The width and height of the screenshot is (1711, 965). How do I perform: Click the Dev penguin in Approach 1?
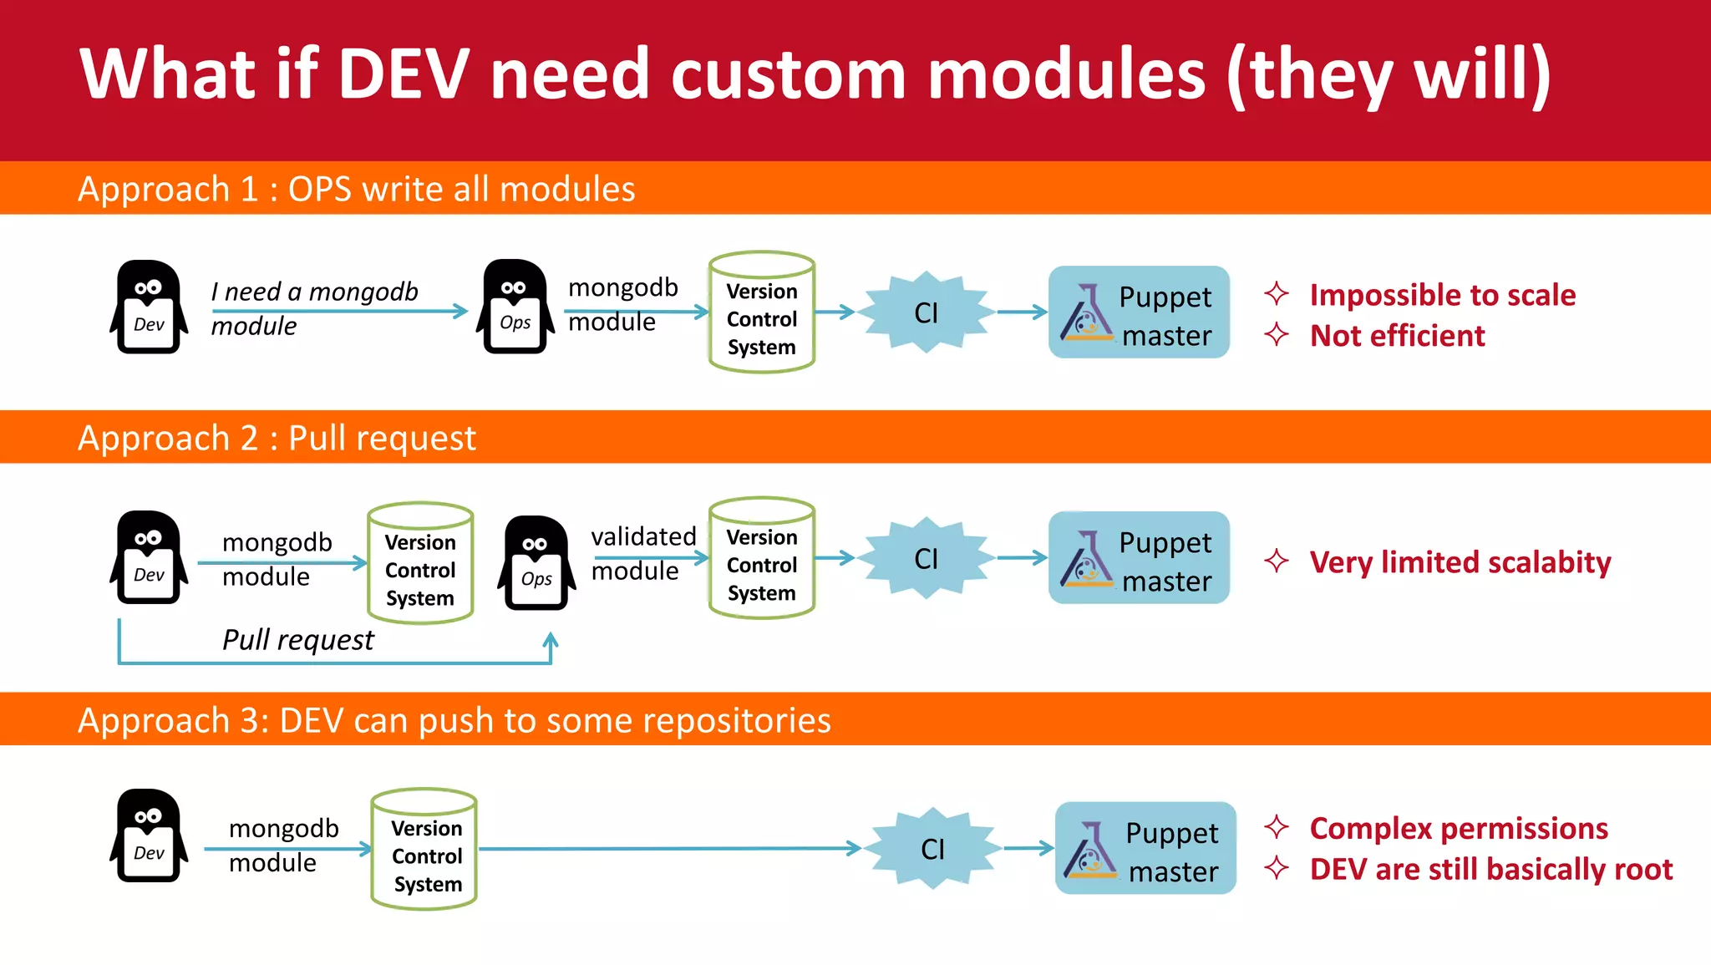click(149, 307)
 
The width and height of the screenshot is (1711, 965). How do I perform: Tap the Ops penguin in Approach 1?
click(515, 307)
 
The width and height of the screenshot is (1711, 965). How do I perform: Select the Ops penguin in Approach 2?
click(536, 563)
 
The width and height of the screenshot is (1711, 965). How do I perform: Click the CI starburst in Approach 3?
click(932, 849)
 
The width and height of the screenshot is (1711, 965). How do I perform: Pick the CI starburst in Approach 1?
click(926, 312)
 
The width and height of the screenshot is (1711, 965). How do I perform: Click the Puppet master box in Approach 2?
click(1139, 558)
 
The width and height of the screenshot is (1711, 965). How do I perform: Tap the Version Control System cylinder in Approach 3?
click(424, 850)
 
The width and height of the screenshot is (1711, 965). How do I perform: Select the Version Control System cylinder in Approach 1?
click(761, 313)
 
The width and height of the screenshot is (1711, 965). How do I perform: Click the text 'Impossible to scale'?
click(1442, 295)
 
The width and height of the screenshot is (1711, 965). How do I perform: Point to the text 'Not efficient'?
click(1397, 336)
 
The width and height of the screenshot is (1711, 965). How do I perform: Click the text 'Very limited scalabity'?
click(1460, 562)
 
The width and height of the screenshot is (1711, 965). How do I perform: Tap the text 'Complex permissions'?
click(1458, 828)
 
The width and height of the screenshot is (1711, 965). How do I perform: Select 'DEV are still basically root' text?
click(1490, 869)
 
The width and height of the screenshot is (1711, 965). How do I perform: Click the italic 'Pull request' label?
click(298, 640)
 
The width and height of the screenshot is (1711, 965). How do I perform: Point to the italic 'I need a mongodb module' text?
click(313, 307)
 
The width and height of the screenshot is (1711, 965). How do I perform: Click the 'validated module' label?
click(642, 553)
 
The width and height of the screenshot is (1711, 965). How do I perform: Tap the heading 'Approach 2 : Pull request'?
click(277, 438)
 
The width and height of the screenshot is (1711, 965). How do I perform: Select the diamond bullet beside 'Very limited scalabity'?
click(1276, 561)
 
